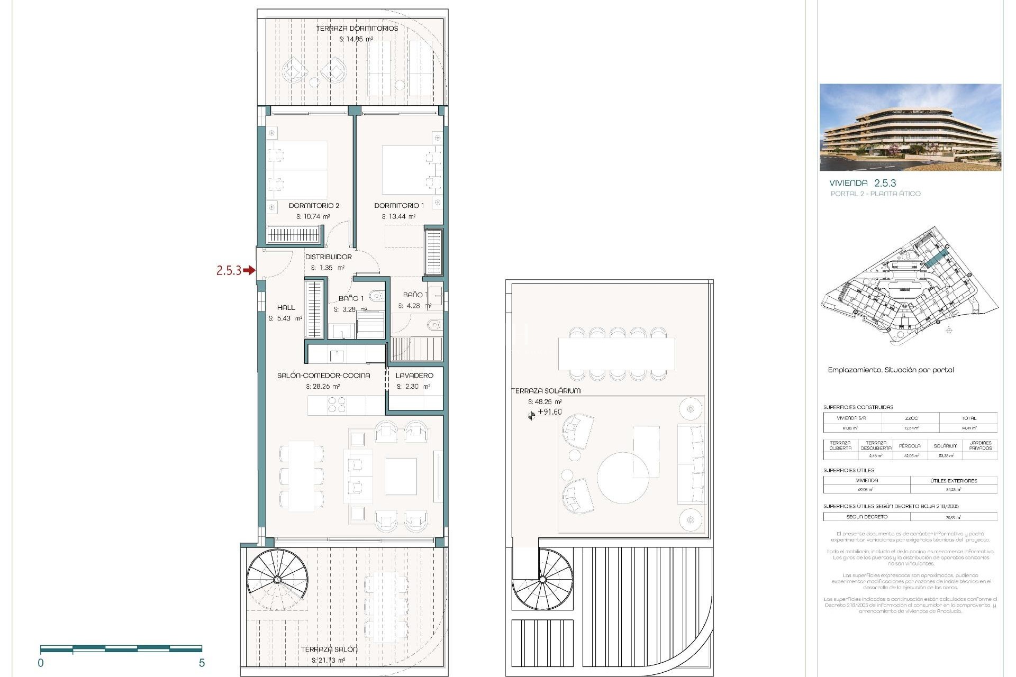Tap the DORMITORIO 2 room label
click(314, 205)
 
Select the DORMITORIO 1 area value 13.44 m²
click(398, 216)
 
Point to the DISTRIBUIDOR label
click(328, 257)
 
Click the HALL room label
click(286, 307)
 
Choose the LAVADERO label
click(414, 375)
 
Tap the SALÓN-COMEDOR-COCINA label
click(323, 375)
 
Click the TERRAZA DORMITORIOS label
click(357, 28)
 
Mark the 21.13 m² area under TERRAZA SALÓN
click(328, 660)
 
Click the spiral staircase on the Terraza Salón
click(278, 579)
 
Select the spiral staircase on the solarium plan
click(542, 580)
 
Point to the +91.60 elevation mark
click(549, 412)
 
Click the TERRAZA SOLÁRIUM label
click(546, 390)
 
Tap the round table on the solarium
click(623, 477)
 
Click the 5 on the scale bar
click(202, 663)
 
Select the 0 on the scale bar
click(41, 663)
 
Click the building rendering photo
click(910, 127)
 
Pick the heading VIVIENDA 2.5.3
click(863, 183)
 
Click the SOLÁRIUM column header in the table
click(945, 446)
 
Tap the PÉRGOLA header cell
click(910, 446)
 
